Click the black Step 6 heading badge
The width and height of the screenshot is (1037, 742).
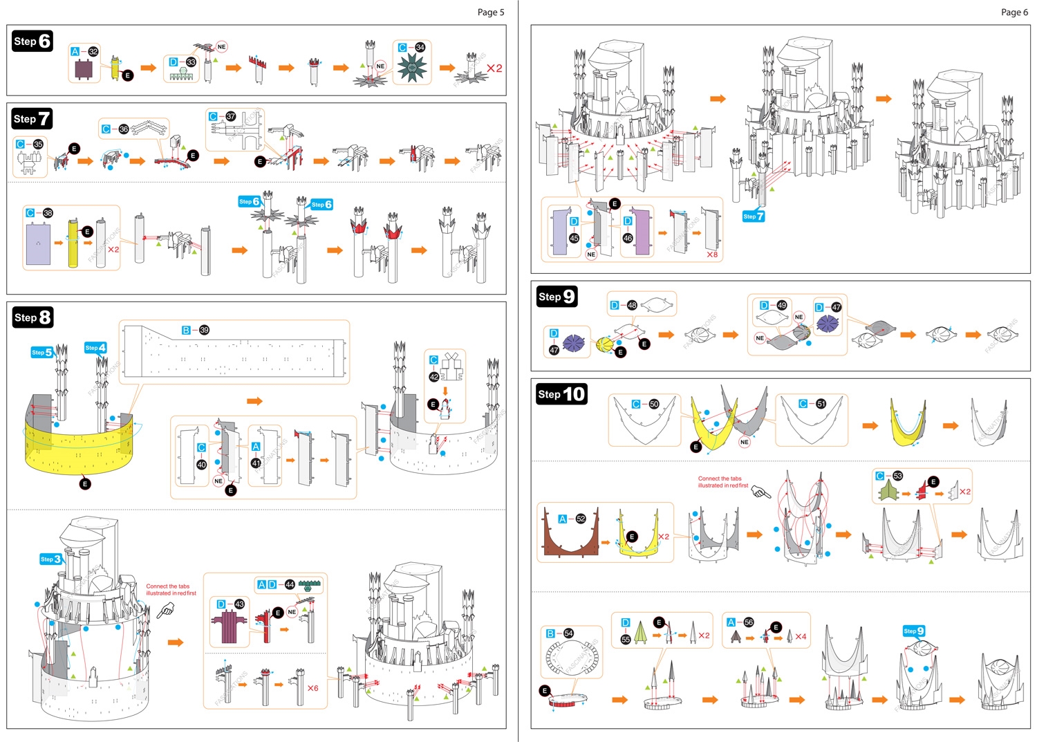tap(32, 41)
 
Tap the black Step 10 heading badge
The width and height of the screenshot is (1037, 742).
tap(561, 394)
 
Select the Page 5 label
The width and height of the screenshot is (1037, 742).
tap(491, 12)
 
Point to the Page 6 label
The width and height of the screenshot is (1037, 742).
tap(1014, 12)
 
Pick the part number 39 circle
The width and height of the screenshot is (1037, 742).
tap(204, 330)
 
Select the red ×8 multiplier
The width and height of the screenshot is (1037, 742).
tap(711, 254)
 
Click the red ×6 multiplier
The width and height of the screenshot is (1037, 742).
tap(312, 688)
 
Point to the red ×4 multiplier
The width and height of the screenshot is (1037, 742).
tap(801, 636)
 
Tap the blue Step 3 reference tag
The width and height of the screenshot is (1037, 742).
tap(50, 559)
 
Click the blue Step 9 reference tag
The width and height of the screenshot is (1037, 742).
tap(914, 631)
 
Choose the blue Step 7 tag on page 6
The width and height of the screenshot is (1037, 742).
tap(754, 216)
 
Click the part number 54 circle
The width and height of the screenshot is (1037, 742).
tap(568, 633)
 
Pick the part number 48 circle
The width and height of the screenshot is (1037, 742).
tap(632, 305)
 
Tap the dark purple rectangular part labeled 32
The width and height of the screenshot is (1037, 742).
tap(84, 69)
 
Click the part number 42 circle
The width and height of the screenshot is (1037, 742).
tap(433, 377)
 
